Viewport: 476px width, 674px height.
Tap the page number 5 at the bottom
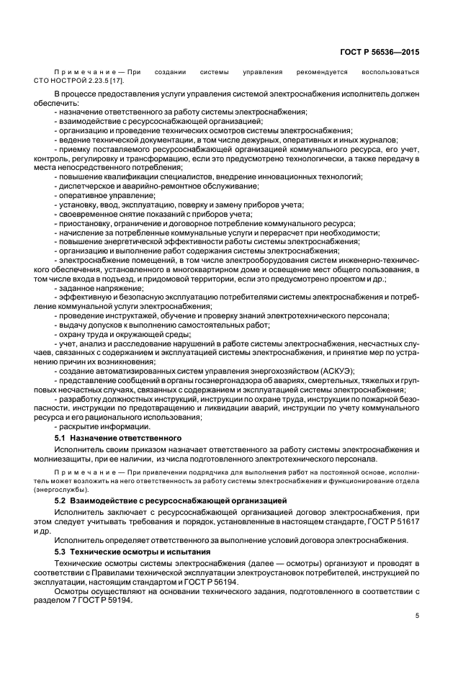point(418,616)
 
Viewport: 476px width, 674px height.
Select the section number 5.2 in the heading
point(60,499)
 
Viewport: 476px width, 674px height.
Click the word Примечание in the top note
point(81,72)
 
